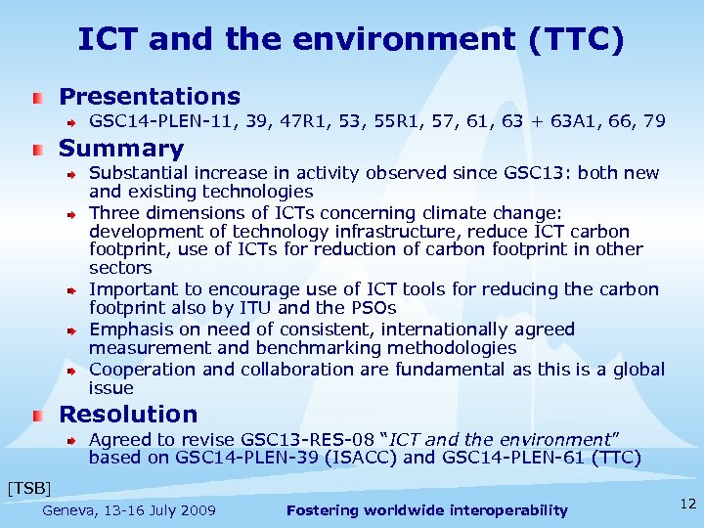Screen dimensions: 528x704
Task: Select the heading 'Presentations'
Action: pyautogui.click(x=150, y=97)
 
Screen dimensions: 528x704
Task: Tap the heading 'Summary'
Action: pyautogui.click(x=121, y=150)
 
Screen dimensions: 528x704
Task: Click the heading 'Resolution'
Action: pyautogui.click(x=128, y=415)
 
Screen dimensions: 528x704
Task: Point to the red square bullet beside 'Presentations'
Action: pyautogui.click(x=36, y=98)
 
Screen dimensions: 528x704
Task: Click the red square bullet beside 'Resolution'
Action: pyautogui.click(x=36, y=416)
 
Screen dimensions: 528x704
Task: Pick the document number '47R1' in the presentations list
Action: pyautogui.click(x=297, y=122)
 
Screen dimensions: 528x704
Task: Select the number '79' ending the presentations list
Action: pyautogui.click(x=654, y=122)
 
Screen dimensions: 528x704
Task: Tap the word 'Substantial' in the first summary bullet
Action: pyautogui.click(x=135, y=173)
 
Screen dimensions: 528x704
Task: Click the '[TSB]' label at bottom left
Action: pyautogui.click(x=28, y=486)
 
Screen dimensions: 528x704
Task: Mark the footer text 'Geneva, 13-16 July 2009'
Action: pyautogui.click(x=129, y=510)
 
